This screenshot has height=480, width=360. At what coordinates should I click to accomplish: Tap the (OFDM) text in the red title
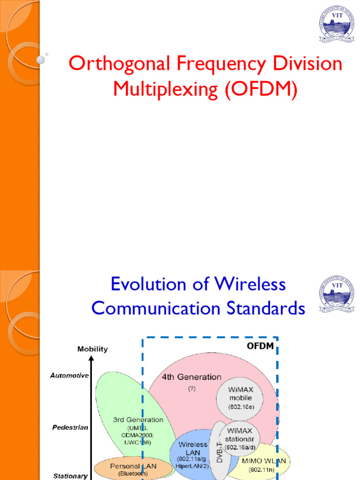[261, 89]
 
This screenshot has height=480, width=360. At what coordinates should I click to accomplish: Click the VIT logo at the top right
[336, 24]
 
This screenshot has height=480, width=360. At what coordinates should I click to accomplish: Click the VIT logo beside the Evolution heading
[336, 294]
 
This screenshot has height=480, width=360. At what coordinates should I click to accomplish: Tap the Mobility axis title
[92, 349]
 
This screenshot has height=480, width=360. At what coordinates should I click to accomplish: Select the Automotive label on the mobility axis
[69, 375]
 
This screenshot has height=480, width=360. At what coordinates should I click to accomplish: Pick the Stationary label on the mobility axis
[70, 476]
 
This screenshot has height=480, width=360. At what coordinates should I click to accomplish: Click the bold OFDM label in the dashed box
[260, 347]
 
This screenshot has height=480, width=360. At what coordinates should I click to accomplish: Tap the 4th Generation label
[191, 377]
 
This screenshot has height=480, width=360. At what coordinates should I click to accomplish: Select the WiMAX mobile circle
[240, 397]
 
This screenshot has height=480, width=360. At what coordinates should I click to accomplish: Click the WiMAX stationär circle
[240, 439]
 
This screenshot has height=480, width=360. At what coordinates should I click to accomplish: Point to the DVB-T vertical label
[219, 452]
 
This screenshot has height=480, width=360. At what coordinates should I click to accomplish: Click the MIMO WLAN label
[263, 461]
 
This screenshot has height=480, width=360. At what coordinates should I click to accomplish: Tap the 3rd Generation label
[138, 420]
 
